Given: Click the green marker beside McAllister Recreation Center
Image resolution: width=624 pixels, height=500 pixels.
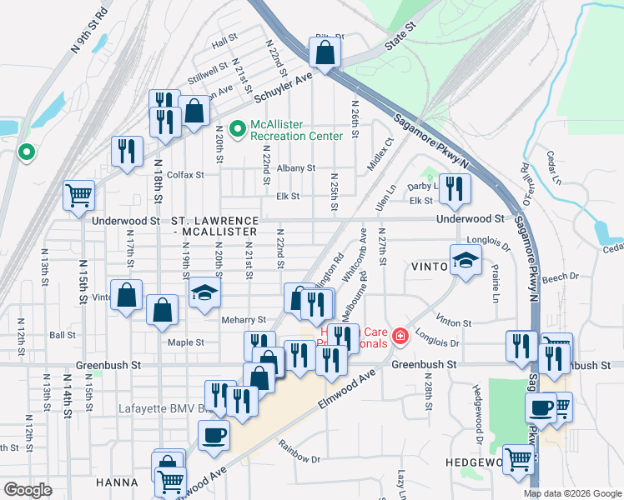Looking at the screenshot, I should point(237,129).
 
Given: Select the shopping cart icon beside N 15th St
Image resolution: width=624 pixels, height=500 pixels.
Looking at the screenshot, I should point(79,196).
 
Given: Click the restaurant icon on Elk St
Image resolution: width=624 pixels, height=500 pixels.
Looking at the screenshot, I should point(454,188).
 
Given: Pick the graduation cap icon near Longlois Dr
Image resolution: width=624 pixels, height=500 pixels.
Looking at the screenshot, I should point(465,261).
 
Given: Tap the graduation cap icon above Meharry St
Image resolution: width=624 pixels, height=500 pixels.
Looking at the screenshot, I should point(203,292).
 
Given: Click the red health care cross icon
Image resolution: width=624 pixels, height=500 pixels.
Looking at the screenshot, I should point(400,337).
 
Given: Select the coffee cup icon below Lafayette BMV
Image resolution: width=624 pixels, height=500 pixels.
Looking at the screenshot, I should point(214,435).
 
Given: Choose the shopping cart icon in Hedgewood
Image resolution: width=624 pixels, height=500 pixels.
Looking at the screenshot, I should point(518,457).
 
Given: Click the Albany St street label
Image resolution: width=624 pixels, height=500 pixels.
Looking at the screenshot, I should point(296,167).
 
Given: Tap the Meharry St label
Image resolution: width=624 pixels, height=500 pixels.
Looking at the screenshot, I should point(243,319).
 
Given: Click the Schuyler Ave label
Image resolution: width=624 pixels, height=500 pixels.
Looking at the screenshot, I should point(282,87).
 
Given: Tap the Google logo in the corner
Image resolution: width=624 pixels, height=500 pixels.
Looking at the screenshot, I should point(28,490).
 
